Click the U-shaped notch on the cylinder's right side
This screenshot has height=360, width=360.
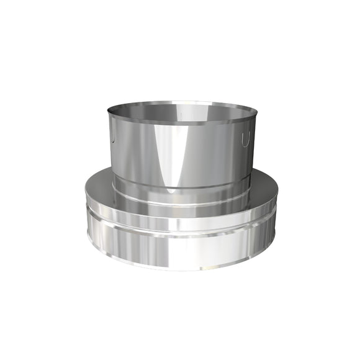[x=246, y=139]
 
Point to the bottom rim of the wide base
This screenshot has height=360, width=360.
[x=180, y=269]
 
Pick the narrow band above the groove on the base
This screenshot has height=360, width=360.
[x=180, y=209]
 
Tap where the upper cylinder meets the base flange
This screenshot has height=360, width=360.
[x=180, y=189]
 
